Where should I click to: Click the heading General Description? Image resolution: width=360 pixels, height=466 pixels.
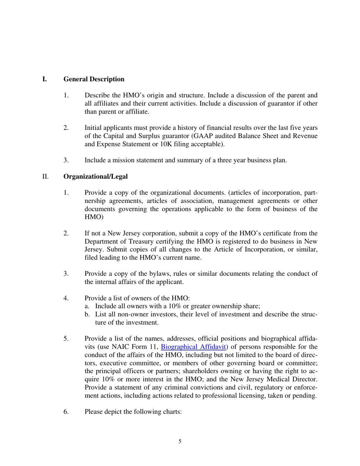point(94,79)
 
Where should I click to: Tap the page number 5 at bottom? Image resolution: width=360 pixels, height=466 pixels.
point(180,441)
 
